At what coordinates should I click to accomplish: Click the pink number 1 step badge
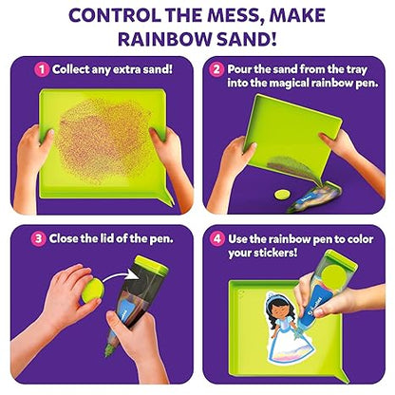[x=42, y=70]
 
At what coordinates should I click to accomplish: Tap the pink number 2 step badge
[x=216, y=69]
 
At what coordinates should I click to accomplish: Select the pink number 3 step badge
[x=38, y=238]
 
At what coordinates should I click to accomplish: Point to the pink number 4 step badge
[x=217, y=238]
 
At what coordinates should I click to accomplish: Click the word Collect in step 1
[x=71, y=69]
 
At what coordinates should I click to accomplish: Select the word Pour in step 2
[x=238, y=69]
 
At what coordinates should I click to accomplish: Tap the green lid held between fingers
[x=93, y=291]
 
